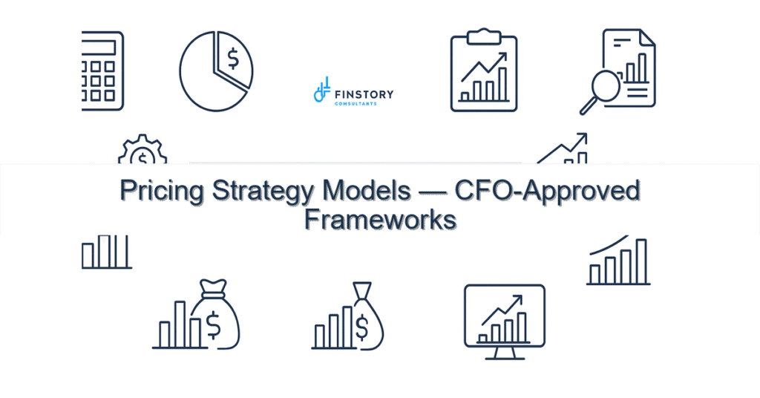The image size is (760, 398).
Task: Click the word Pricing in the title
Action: [163, 192]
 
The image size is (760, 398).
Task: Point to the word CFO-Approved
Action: [547, 192]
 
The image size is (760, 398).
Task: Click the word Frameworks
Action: [380, 221]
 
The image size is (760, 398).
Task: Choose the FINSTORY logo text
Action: [364, 94]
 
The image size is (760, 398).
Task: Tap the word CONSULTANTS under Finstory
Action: [356, 103]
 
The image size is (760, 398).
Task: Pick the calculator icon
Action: [102, 71]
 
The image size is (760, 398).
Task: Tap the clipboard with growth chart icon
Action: [484, 71]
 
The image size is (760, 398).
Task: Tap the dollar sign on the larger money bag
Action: [214, 322]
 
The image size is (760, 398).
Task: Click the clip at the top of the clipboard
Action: [484, 33]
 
